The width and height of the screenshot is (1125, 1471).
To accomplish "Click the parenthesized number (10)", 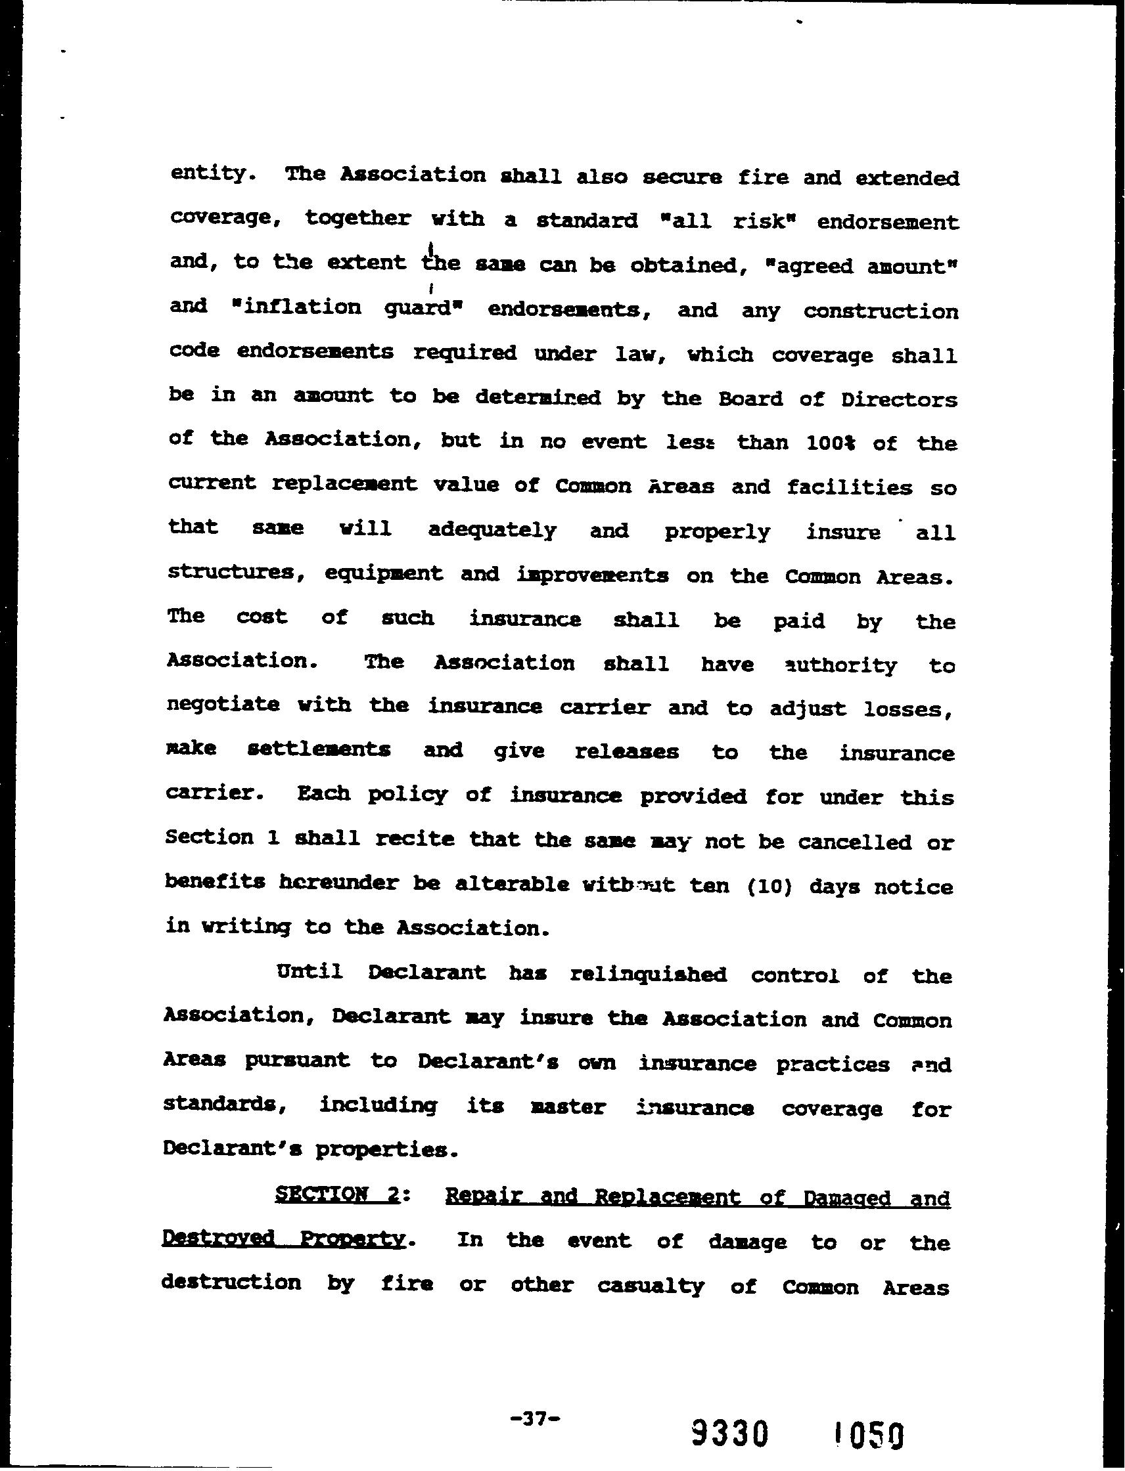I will [769, 887].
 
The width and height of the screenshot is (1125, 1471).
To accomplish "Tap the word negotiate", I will [222, 705].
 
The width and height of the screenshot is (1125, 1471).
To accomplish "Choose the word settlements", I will [319, 749].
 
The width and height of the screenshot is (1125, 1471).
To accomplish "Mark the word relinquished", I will [648, 975].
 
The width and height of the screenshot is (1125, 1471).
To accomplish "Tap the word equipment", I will [383, 573].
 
